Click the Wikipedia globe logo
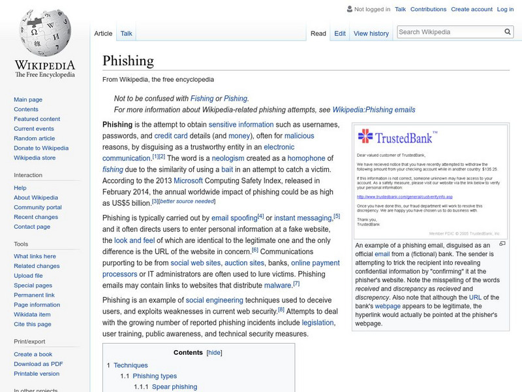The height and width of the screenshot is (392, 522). pos(45,33)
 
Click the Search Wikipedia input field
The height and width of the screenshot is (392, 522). pos(449,31)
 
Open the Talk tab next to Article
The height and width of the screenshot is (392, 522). pos(126,33)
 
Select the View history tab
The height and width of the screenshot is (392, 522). pos(371,33)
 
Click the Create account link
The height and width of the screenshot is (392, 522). pos(470,9)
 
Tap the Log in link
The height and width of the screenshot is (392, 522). pos(505,9)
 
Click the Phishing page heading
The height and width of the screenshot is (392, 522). pos(128,61)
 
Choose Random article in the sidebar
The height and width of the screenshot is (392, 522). pos(34,139)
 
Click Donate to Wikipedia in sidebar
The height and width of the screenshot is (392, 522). pos(41,148)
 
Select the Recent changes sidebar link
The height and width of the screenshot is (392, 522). pos(36,217)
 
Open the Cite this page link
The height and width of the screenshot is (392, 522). pos(32,324)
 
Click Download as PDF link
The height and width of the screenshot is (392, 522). pos(38,364)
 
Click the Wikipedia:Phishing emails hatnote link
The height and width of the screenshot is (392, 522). pos(373,110)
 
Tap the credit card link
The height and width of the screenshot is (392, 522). pos(171,136)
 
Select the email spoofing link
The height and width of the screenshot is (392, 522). pos(234,218)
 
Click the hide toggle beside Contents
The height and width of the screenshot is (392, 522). pos(215,352)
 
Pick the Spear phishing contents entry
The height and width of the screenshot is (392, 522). pos(174,387)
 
